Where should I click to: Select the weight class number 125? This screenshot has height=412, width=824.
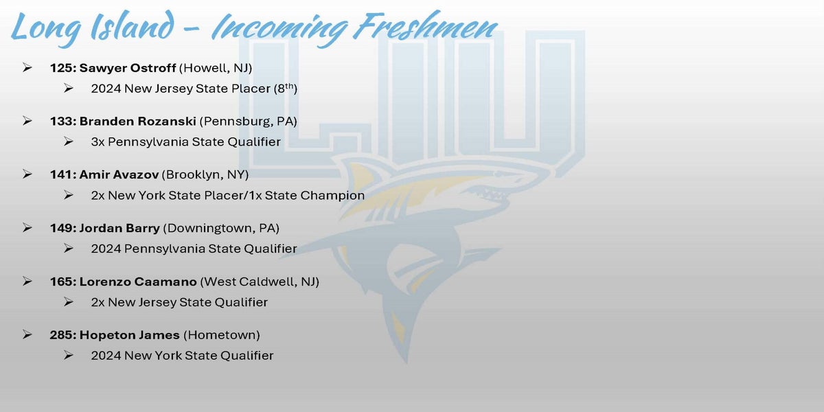pyautogui.click(x=62, y=68)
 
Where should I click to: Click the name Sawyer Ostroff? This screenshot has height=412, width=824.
pyautogui.click(x=127, y=69)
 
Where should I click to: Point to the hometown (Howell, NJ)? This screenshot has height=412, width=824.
pyautogui.click(x=216, y=69)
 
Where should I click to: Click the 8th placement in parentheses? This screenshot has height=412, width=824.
pyautogui.click(x=286, y=89)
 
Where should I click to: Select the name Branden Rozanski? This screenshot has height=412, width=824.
pyautogui.click(x=137, y=122)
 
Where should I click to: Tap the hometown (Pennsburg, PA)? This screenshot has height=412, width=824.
pyautogui.click(x=249, y=122)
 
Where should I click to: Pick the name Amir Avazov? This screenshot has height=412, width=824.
pyautogui.click(x=119, y=174)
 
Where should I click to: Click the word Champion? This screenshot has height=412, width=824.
pyautogui.click(x=332, y=195)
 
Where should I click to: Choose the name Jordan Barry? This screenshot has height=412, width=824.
pyautogui.click(x=119, y=229)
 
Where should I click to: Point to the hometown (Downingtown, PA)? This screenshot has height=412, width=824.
pyautogui.click(x=221, y=229)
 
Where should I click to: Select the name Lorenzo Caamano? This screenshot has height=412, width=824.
pyautogui.click(x=138, y=282)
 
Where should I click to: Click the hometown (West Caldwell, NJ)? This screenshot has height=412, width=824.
pyautogui.click(x=260, y=282)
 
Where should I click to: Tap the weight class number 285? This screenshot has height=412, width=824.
pyautogui.click(x=62, y=335)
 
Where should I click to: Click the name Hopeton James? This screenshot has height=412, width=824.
pyautogui.click(x=130, y=336)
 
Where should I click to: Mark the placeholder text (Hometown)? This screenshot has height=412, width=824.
pyautogui.click(x=221, y=335)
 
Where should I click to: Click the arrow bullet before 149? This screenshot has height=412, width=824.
pyautogui.click(x=27, y=228)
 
